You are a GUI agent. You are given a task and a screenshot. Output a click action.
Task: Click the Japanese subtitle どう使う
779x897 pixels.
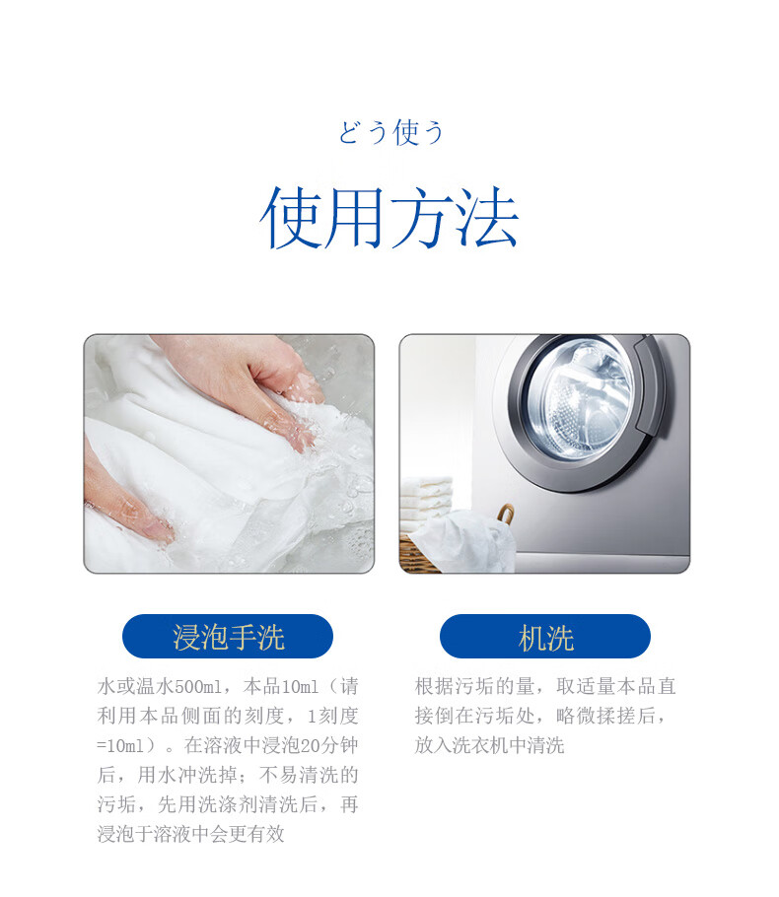pyautogui.click(x=390, y=133)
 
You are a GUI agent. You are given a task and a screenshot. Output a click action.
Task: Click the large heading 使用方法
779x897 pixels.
pyautogui.click(x=389, y=218)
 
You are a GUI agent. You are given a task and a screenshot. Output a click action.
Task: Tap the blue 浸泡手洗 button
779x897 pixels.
pyautogui.click(x=228, y=637)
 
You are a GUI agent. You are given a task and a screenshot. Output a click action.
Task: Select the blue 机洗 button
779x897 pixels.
pyautogui.click(x=545, y=637)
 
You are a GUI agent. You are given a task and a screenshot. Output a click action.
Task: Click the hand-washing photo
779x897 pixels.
pyautogui.click(x=229, y=453)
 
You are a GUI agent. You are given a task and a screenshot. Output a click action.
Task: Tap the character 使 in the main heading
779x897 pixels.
pyautogui.click(x=292, y=218)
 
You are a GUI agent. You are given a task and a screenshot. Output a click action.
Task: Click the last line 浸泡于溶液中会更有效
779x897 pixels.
pyautogui.click(x=190, y=834)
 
